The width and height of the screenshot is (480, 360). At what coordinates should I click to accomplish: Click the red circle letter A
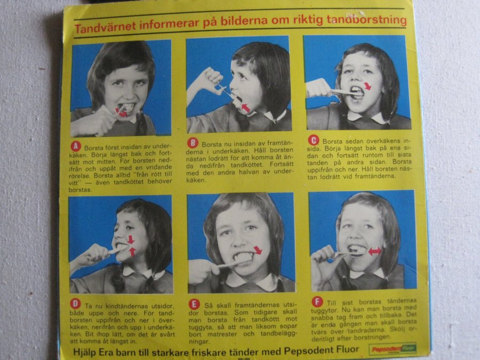click(76, 146)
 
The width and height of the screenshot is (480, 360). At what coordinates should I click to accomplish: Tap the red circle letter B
click(193, 142)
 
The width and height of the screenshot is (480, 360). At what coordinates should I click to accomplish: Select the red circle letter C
click(313, 140)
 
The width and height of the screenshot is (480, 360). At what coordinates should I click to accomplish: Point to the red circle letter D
click(75, 303)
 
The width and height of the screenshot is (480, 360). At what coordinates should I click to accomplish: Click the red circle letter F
click(317, 301)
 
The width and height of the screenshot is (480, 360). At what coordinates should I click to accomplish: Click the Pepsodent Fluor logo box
click(393, 348)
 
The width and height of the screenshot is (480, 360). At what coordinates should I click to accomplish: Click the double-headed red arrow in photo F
click(374, 251)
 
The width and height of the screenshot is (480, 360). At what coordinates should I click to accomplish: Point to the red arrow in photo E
click(258, 250)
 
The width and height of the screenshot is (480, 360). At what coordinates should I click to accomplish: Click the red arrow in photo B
click(245, 108)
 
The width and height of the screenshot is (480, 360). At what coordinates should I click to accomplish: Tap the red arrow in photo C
click(367, 86)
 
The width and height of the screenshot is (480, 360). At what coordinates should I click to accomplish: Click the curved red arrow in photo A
click(121, 113)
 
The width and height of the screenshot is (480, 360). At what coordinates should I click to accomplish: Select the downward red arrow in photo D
click(131, 239)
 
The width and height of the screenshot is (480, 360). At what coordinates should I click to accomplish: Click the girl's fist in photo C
click(319, 88)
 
